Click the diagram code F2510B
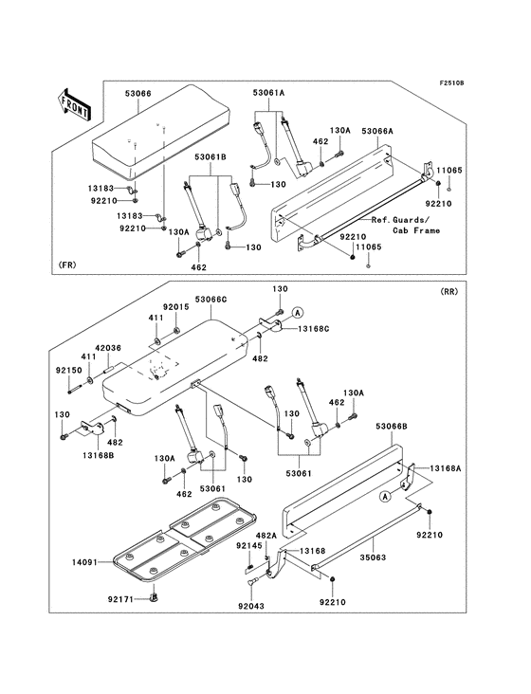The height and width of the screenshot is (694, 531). [451, 83]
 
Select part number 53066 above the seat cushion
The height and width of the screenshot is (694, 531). [137, 94]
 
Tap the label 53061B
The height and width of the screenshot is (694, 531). [211, 156]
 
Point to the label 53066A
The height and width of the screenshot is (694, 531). [377, 131]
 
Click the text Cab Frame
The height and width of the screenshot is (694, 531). [416, 230]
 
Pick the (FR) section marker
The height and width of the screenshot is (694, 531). [66, 265]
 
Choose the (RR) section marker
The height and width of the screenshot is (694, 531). [449, 292]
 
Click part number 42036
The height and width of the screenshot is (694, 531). [108, 349]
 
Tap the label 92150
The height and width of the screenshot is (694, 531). [69, 370]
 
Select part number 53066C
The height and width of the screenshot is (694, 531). [211, 300]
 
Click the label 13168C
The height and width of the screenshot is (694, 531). [313, 329]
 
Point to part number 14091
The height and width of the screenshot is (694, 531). [85, 562]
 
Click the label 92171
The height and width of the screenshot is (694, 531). [120, 599]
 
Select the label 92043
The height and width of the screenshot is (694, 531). [250, 606]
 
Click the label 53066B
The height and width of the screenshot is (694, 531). [392, 427]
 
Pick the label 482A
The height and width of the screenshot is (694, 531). [265, 536]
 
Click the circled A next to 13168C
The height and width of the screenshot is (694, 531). [298, 313]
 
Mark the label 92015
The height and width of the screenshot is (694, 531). [175, 307]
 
